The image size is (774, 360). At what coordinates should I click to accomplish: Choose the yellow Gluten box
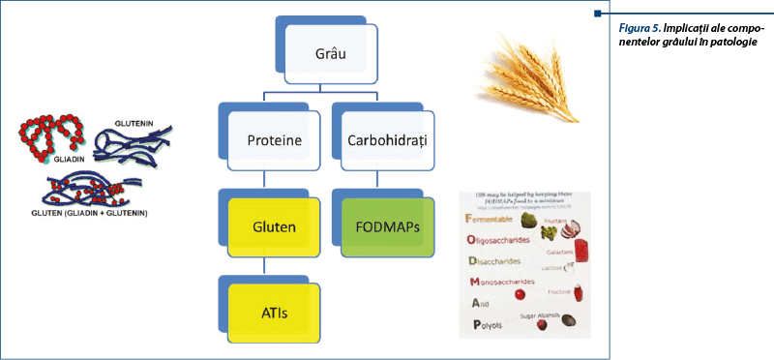(x=274, y=228)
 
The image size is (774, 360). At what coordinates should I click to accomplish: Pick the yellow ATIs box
(x=274, y=311)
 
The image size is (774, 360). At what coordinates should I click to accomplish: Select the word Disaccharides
(x=502, y=261)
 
